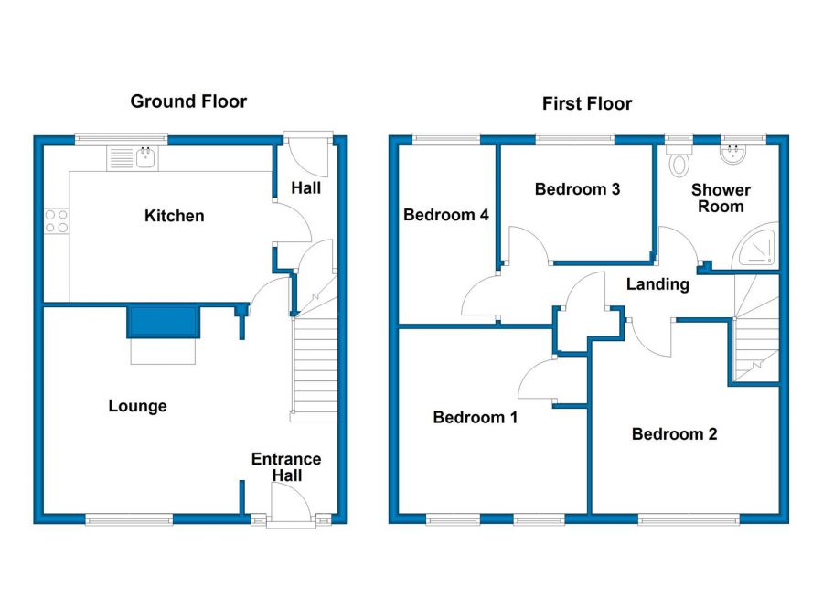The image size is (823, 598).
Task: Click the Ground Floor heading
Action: (x=188, y=101)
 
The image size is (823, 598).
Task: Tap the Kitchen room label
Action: (x=174, y=217)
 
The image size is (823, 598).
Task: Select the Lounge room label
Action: (x=137, y=406)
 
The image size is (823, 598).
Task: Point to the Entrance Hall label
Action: (x=286, y=467)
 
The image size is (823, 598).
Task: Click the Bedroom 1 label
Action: (x=475, y=418)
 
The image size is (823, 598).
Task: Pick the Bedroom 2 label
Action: (x=674, y=434)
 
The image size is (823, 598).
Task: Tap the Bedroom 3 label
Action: (x=577, y=190)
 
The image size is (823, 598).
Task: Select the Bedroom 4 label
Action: (x=446, y=216)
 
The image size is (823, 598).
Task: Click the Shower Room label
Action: (x=721, y=198)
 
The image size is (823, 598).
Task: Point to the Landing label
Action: (x=657, y=284)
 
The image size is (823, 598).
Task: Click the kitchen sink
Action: (x=144, y=157)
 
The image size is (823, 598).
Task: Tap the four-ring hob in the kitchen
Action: (x=55, y=220)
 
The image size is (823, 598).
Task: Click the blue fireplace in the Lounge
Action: (x=163, y=322)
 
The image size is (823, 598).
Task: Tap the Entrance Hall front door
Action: (x=291, y=505)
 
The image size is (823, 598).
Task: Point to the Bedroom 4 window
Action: (x=445, y=139)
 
